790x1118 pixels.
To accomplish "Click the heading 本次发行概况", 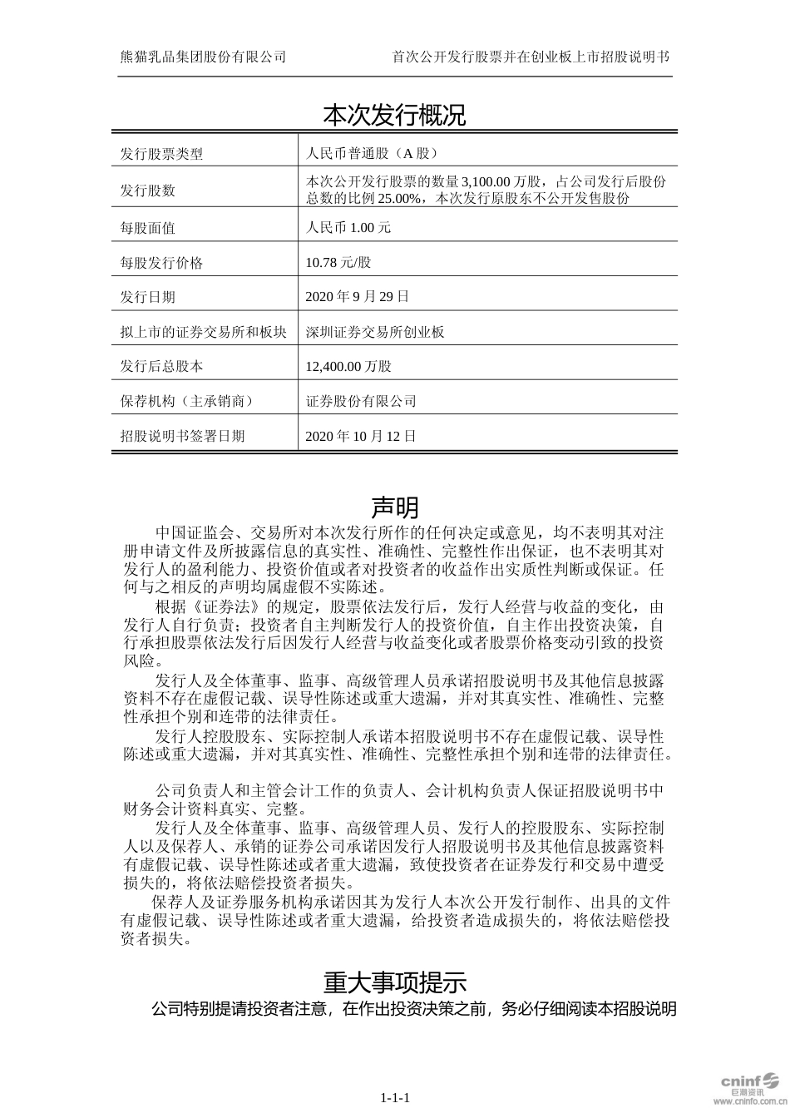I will [394, 116].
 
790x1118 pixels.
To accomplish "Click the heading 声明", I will [394, 507].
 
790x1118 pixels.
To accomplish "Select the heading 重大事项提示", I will [394, 982].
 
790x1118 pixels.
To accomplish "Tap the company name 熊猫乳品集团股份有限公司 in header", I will [203, 57].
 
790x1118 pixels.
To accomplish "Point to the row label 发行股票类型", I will [161, 154].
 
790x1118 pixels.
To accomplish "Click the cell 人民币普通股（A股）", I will [372, 154].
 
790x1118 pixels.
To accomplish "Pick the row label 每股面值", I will [148, 228].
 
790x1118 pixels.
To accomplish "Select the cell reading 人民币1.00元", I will [348, 228].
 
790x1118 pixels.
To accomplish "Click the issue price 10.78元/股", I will [338, 263].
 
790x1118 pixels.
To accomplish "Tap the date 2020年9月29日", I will [358, 297].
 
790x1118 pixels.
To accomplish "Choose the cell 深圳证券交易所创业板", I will [375, 332].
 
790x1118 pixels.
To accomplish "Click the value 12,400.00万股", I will [348, 366].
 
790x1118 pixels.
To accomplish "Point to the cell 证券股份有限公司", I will [361, 401].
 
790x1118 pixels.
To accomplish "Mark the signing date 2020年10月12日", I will [361, 436].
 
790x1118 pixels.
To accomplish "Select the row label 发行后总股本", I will [161, 366].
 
